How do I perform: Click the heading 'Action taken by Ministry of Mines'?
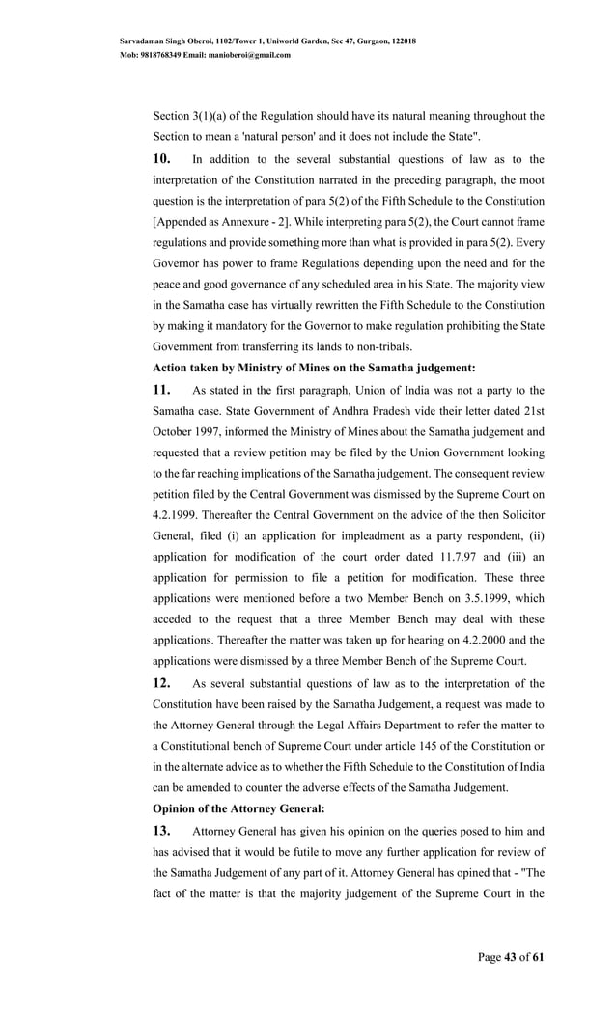point(312,367)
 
